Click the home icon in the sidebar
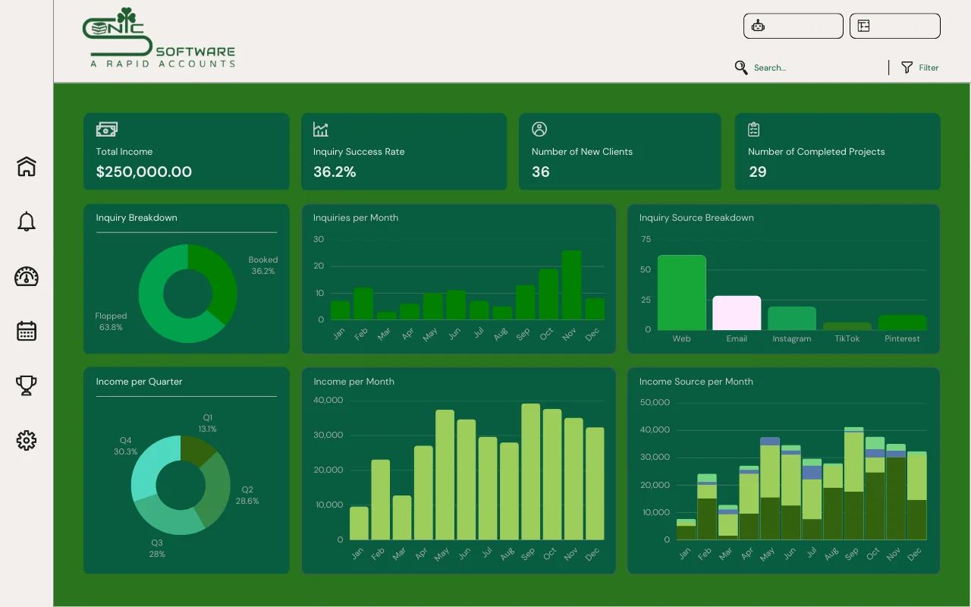[27, 166]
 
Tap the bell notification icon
[27, 222]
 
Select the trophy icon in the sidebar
[27, 385]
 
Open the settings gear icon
[27, 440]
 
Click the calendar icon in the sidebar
[27, 331]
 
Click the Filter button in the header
[919, 68]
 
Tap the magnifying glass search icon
[741, 68]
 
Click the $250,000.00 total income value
[144, 172]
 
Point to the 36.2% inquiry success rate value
[335, 172]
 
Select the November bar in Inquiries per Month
[571, 285]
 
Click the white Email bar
[737, 313]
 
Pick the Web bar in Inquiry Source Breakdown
[681, 293]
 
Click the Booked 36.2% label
[263, 266]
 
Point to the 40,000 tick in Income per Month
[328, 401]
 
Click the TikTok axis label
[847, 339]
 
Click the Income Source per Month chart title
[696, 382]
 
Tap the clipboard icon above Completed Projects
[753, 130]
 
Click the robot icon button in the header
[758, 26]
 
